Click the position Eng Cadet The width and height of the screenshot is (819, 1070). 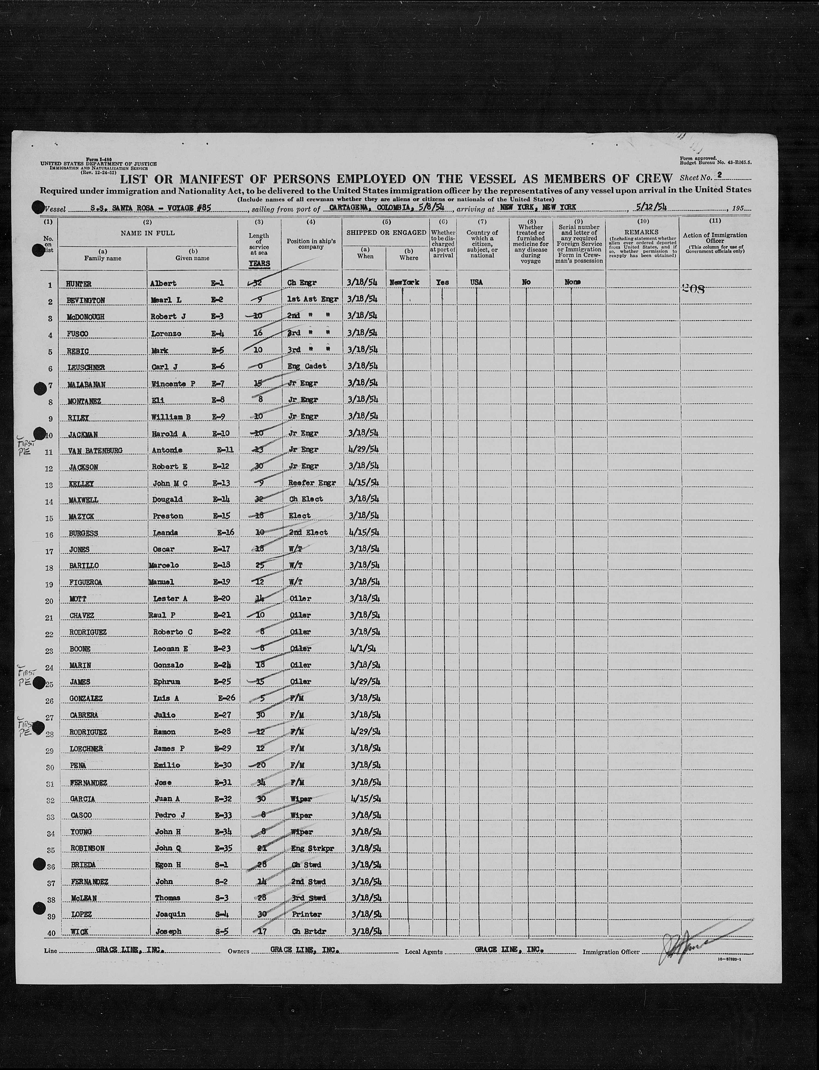pyautogui.click(x=307, y=366)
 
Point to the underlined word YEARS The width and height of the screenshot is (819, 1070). pyautogui.click(x=258, y=263)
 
